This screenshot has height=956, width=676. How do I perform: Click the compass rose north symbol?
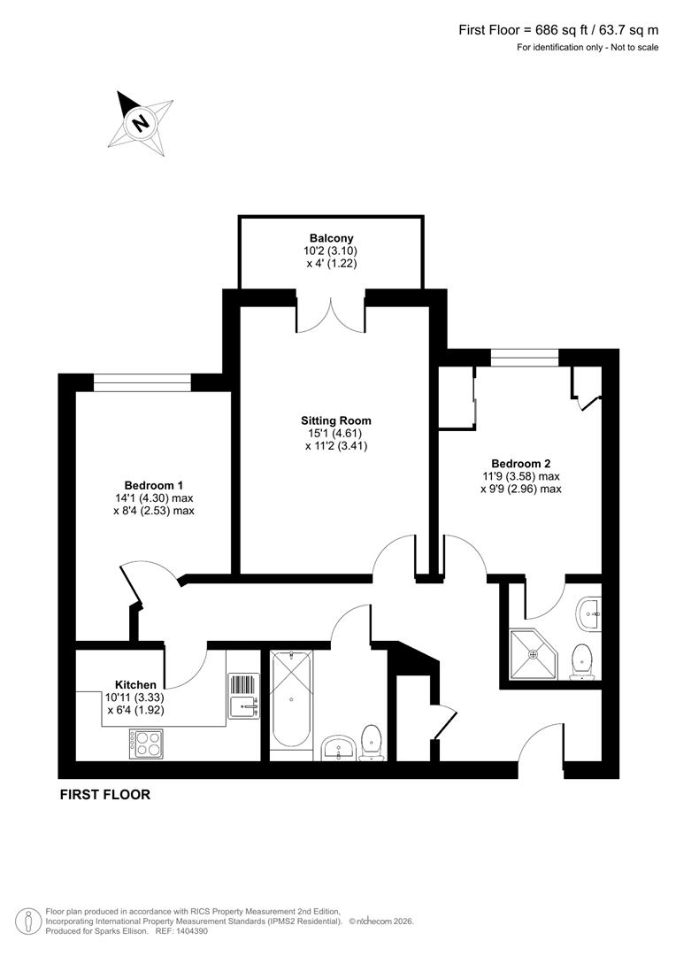(140, 122)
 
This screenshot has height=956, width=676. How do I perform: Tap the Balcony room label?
(331, 238)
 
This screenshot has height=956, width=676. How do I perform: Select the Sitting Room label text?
(334, 420)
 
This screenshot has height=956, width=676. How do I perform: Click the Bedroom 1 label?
(154, 485)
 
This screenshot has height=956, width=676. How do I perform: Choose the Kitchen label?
(135, 684)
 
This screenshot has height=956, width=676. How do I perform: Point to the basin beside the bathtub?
(337, 748)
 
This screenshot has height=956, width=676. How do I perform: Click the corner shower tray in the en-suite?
(534, 653)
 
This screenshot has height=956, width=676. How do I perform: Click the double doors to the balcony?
(331, 315)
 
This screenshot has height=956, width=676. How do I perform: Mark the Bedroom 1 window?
(142, 382)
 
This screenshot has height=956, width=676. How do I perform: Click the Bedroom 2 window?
(525, 358)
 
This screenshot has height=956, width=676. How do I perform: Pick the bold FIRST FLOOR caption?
(104, 795)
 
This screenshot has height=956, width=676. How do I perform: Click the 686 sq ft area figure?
(551, 29)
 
